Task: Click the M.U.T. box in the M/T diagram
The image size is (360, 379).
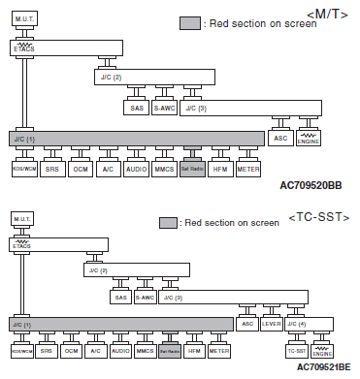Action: (x=23, y=18)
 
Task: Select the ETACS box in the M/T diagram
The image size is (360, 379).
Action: (x=23, y=47)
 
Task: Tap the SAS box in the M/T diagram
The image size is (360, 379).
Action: (x=136, y=108)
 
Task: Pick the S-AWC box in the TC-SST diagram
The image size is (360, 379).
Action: (x=145, y=297)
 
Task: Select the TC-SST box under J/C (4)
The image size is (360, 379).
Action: (x=296, y=350)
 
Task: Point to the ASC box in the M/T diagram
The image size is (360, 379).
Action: (x=281, y=138)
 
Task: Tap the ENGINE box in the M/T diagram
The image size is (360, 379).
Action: (x=310, y=138)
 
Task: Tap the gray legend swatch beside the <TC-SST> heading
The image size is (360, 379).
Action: (x=168, y=222)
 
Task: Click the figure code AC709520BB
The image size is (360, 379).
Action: (x=311, y=182)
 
